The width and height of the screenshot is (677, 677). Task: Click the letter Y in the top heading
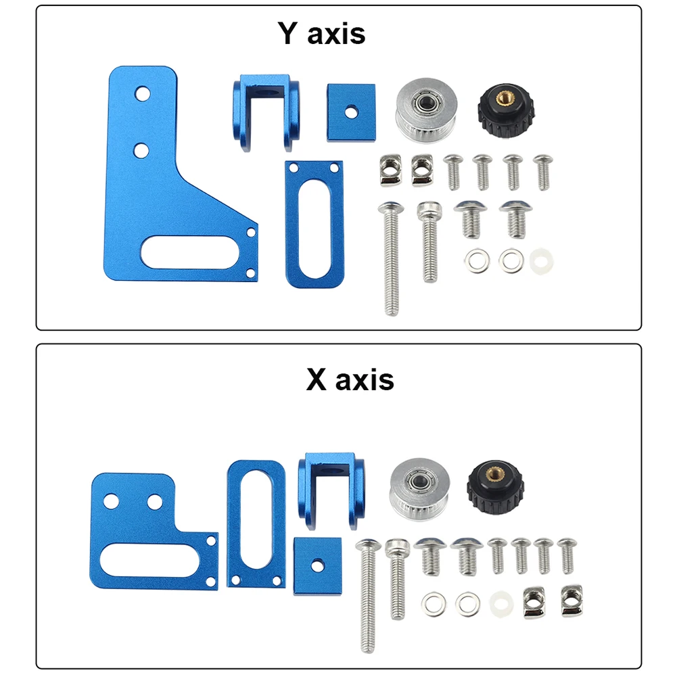[x=288, y=33]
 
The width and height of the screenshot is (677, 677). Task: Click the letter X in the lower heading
[x=317, y=379]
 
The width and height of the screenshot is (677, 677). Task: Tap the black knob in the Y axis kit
[x=506, y=110]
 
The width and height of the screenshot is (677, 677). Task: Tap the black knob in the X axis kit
[x=495, y=487]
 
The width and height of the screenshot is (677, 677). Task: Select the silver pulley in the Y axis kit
[x=426, y=110]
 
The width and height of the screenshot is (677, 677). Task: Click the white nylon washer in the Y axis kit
[x=541, y=261]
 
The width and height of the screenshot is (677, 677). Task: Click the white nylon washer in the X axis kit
[x=501, y=603]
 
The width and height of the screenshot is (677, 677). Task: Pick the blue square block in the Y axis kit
[x=351, y=113]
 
